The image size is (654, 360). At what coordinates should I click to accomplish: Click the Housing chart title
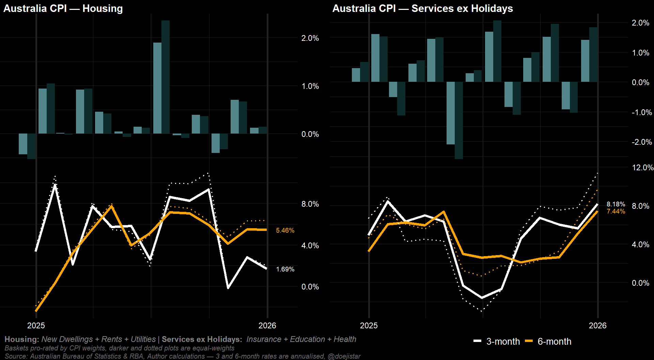pos(63,9)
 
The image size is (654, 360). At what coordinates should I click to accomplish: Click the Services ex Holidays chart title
pos(422,9)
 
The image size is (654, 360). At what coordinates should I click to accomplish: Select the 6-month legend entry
pos(548,341)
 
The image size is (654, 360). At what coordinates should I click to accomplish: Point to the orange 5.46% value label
pos(285,231)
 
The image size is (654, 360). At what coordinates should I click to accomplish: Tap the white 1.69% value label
pos(285,269)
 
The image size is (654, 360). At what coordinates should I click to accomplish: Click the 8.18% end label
pos(616,204)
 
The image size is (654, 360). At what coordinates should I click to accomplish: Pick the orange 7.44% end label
pos(616,212)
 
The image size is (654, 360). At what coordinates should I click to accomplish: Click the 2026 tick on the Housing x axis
pos(267,326)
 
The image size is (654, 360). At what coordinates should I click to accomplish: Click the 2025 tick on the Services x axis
pos(369,326)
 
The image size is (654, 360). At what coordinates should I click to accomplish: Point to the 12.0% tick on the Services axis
pos(642,168)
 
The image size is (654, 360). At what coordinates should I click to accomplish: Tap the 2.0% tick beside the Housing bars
pos(310,38)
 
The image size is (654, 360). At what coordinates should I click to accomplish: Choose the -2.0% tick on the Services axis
pos(641,142)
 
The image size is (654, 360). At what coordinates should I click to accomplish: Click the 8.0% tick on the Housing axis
pos(310,204)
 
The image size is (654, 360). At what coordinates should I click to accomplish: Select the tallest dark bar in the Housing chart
pos(166,77)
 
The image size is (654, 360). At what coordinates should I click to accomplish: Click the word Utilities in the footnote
pos(143,339)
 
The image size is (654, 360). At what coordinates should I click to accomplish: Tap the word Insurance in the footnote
pos(264,339)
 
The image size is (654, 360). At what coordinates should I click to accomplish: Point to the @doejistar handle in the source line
pos(344,356)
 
